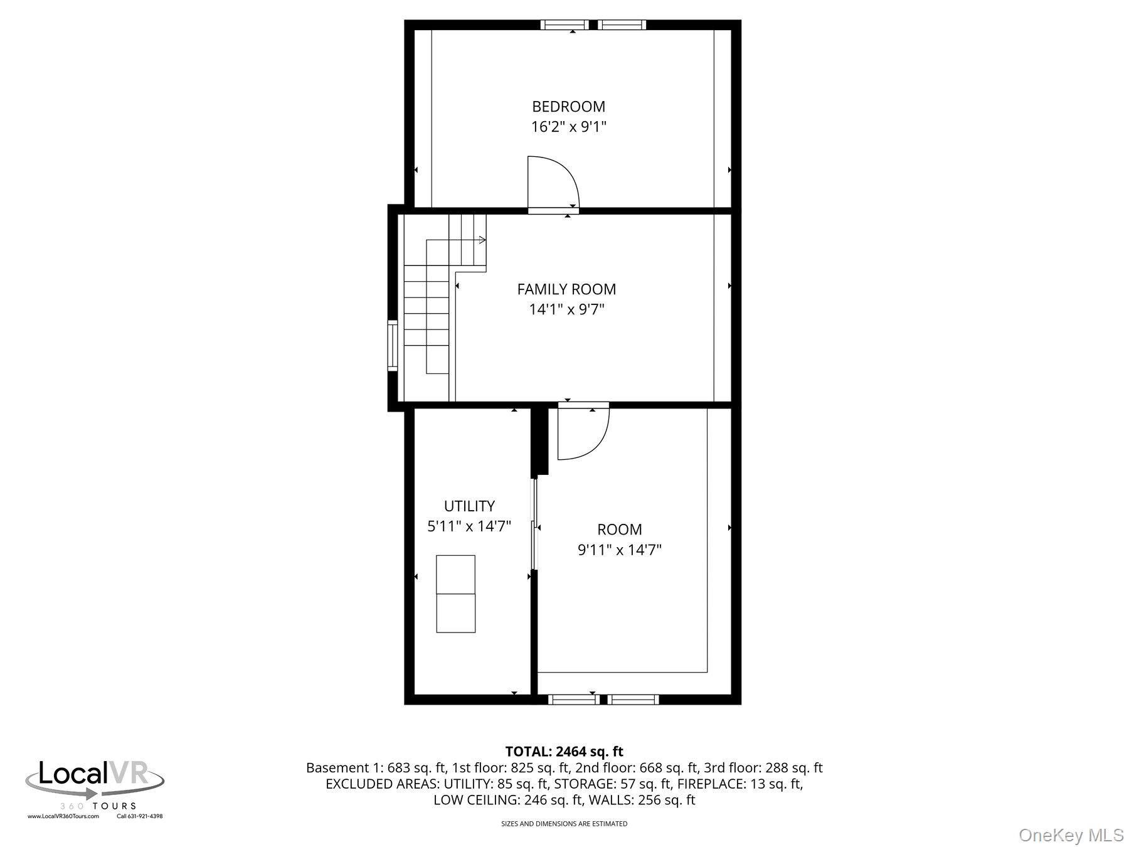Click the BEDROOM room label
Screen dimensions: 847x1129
click(x=568, y=107)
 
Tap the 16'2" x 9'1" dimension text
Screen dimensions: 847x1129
click(x=568, y=127)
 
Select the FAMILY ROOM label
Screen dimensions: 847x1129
click(x=566, y=289)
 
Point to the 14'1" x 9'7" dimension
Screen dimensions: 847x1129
click(x=566, y=310)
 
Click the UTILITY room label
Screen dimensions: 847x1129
click(x=469, y=506)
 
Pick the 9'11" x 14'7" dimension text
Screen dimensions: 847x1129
click(x=619, y=550)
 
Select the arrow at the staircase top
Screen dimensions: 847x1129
click(x=482, y=240)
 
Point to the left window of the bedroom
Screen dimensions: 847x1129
click(x=564, y=25)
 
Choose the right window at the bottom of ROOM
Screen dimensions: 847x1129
click(x=633, y=699)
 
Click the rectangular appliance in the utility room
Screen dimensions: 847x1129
click(x=455, y=594)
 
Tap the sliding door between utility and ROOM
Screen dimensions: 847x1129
click(x=534, y=524)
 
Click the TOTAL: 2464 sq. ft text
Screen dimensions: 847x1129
click(x=564, y=752)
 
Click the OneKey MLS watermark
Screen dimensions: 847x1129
click(x=1071, y=835)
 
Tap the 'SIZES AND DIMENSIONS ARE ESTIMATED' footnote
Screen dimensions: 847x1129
click(x=564, y=824)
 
